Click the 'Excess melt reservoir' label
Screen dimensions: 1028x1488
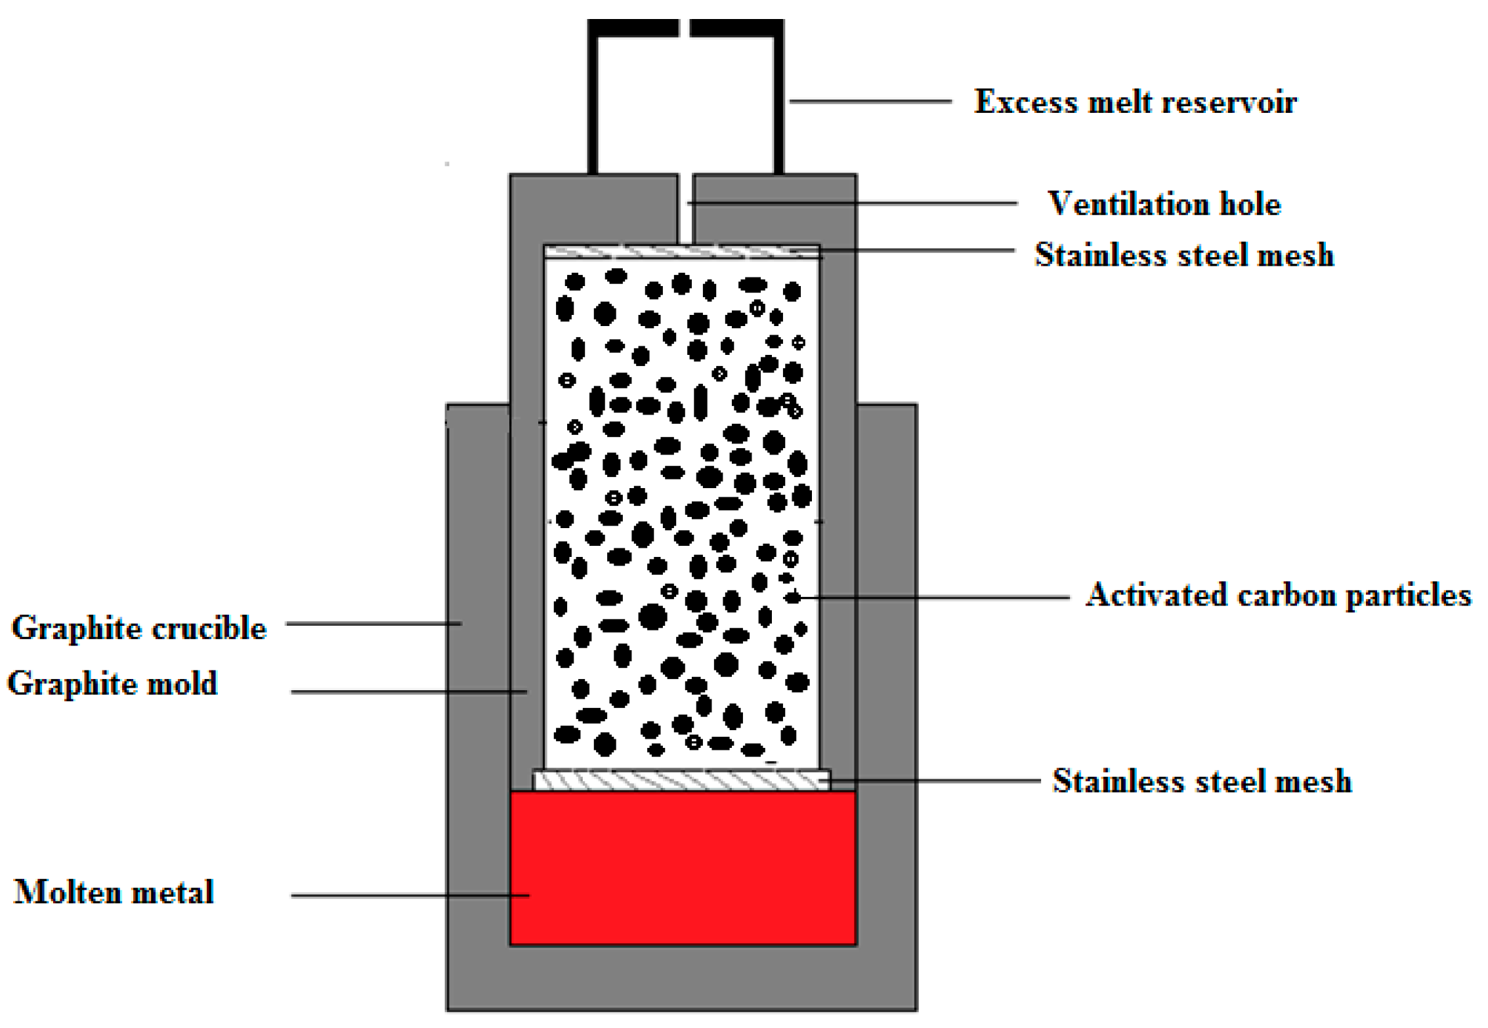coord(1135,102)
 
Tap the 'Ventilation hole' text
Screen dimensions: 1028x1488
coord(1163,204)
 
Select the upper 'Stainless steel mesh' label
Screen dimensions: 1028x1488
coord(1184,255)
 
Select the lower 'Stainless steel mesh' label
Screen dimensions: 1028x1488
coord(1202,781)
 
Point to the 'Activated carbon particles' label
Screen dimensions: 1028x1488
coord(1277,595)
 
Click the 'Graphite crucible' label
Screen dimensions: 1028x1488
coord(139,628)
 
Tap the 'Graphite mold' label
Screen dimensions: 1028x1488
coord(112,684)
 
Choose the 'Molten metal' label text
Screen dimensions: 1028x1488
coord(114,892)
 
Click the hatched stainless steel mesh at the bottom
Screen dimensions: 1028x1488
coord(681,780)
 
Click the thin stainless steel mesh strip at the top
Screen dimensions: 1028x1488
coord(681,252)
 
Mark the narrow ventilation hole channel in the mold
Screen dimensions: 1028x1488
coord(685,209)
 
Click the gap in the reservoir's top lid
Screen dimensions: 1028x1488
coord(684,28)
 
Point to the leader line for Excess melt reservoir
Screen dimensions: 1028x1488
coord(870,101)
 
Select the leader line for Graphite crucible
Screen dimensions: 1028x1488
coord(374,623)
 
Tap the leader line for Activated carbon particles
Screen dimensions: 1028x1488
coord(932,597)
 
